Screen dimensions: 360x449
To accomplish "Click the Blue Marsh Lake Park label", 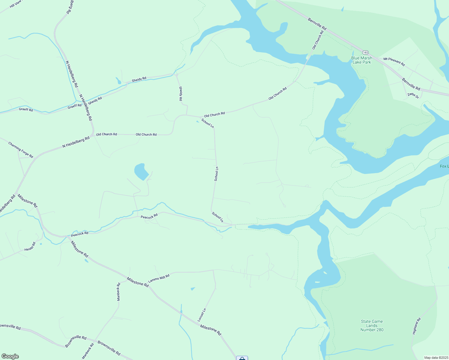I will point(362,60).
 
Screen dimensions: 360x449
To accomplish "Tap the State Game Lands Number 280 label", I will point(372,325).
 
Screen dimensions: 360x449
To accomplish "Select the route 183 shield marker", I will point(365,52).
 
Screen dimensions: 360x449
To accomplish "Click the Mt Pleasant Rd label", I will point(394,61).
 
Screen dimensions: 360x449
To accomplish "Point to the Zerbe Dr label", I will point(413,95).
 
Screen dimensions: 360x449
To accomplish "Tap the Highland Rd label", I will point(417,326).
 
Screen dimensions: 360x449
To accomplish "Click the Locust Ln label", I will point(202,315).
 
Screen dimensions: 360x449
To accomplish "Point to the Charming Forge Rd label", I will point(21,150).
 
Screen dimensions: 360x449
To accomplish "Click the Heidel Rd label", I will point(30,247).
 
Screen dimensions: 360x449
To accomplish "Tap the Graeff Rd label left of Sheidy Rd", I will point(75,106).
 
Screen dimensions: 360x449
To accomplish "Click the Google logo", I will point(10,356).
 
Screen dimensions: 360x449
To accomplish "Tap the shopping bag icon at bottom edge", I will point(242,358).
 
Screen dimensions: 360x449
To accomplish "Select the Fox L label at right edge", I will point(444,166).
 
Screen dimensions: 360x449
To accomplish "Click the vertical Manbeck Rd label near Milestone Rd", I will point(119,292).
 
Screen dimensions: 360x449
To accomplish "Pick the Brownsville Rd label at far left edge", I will point(10,327).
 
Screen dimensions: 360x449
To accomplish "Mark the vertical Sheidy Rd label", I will point(181,94).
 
